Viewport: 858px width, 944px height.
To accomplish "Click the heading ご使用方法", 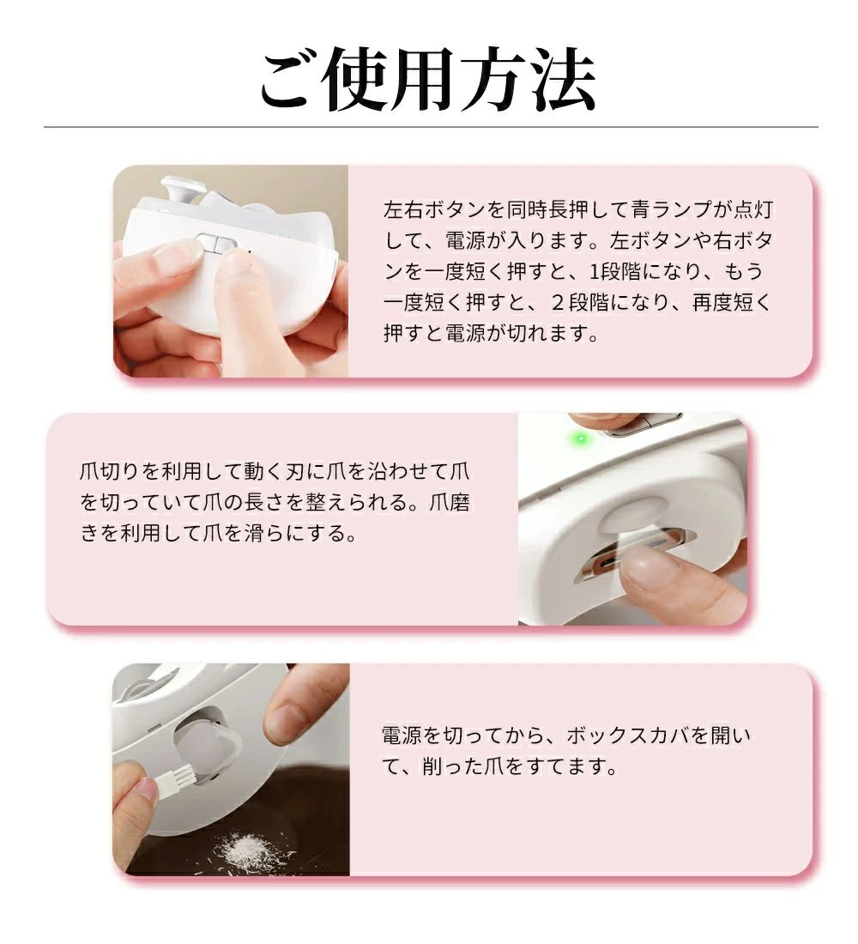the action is [x=428, y=79].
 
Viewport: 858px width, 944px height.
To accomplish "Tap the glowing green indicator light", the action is [x=580, y=438].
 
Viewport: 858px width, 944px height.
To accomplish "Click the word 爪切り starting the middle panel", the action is [x=110, y=471].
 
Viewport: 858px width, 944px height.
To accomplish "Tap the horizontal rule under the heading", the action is [x=431, y=128].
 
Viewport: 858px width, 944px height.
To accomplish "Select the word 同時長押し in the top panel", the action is [x=558, y=209].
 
